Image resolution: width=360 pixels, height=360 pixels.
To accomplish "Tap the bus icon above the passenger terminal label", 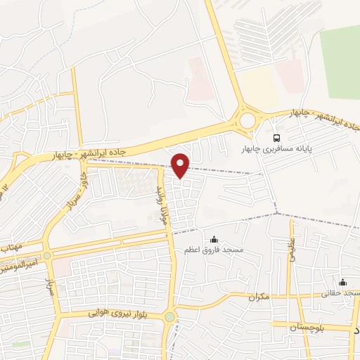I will click(277, 138).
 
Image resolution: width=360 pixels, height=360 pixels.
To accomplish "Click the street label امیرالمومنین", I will click(21, 268).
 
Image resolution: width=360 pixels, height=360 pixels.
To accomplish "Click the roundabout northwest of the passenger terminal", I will click(247, 121).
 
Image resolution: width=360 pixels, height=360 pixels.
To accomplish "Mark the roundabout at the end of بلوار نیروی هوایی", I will click(169, 317).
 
